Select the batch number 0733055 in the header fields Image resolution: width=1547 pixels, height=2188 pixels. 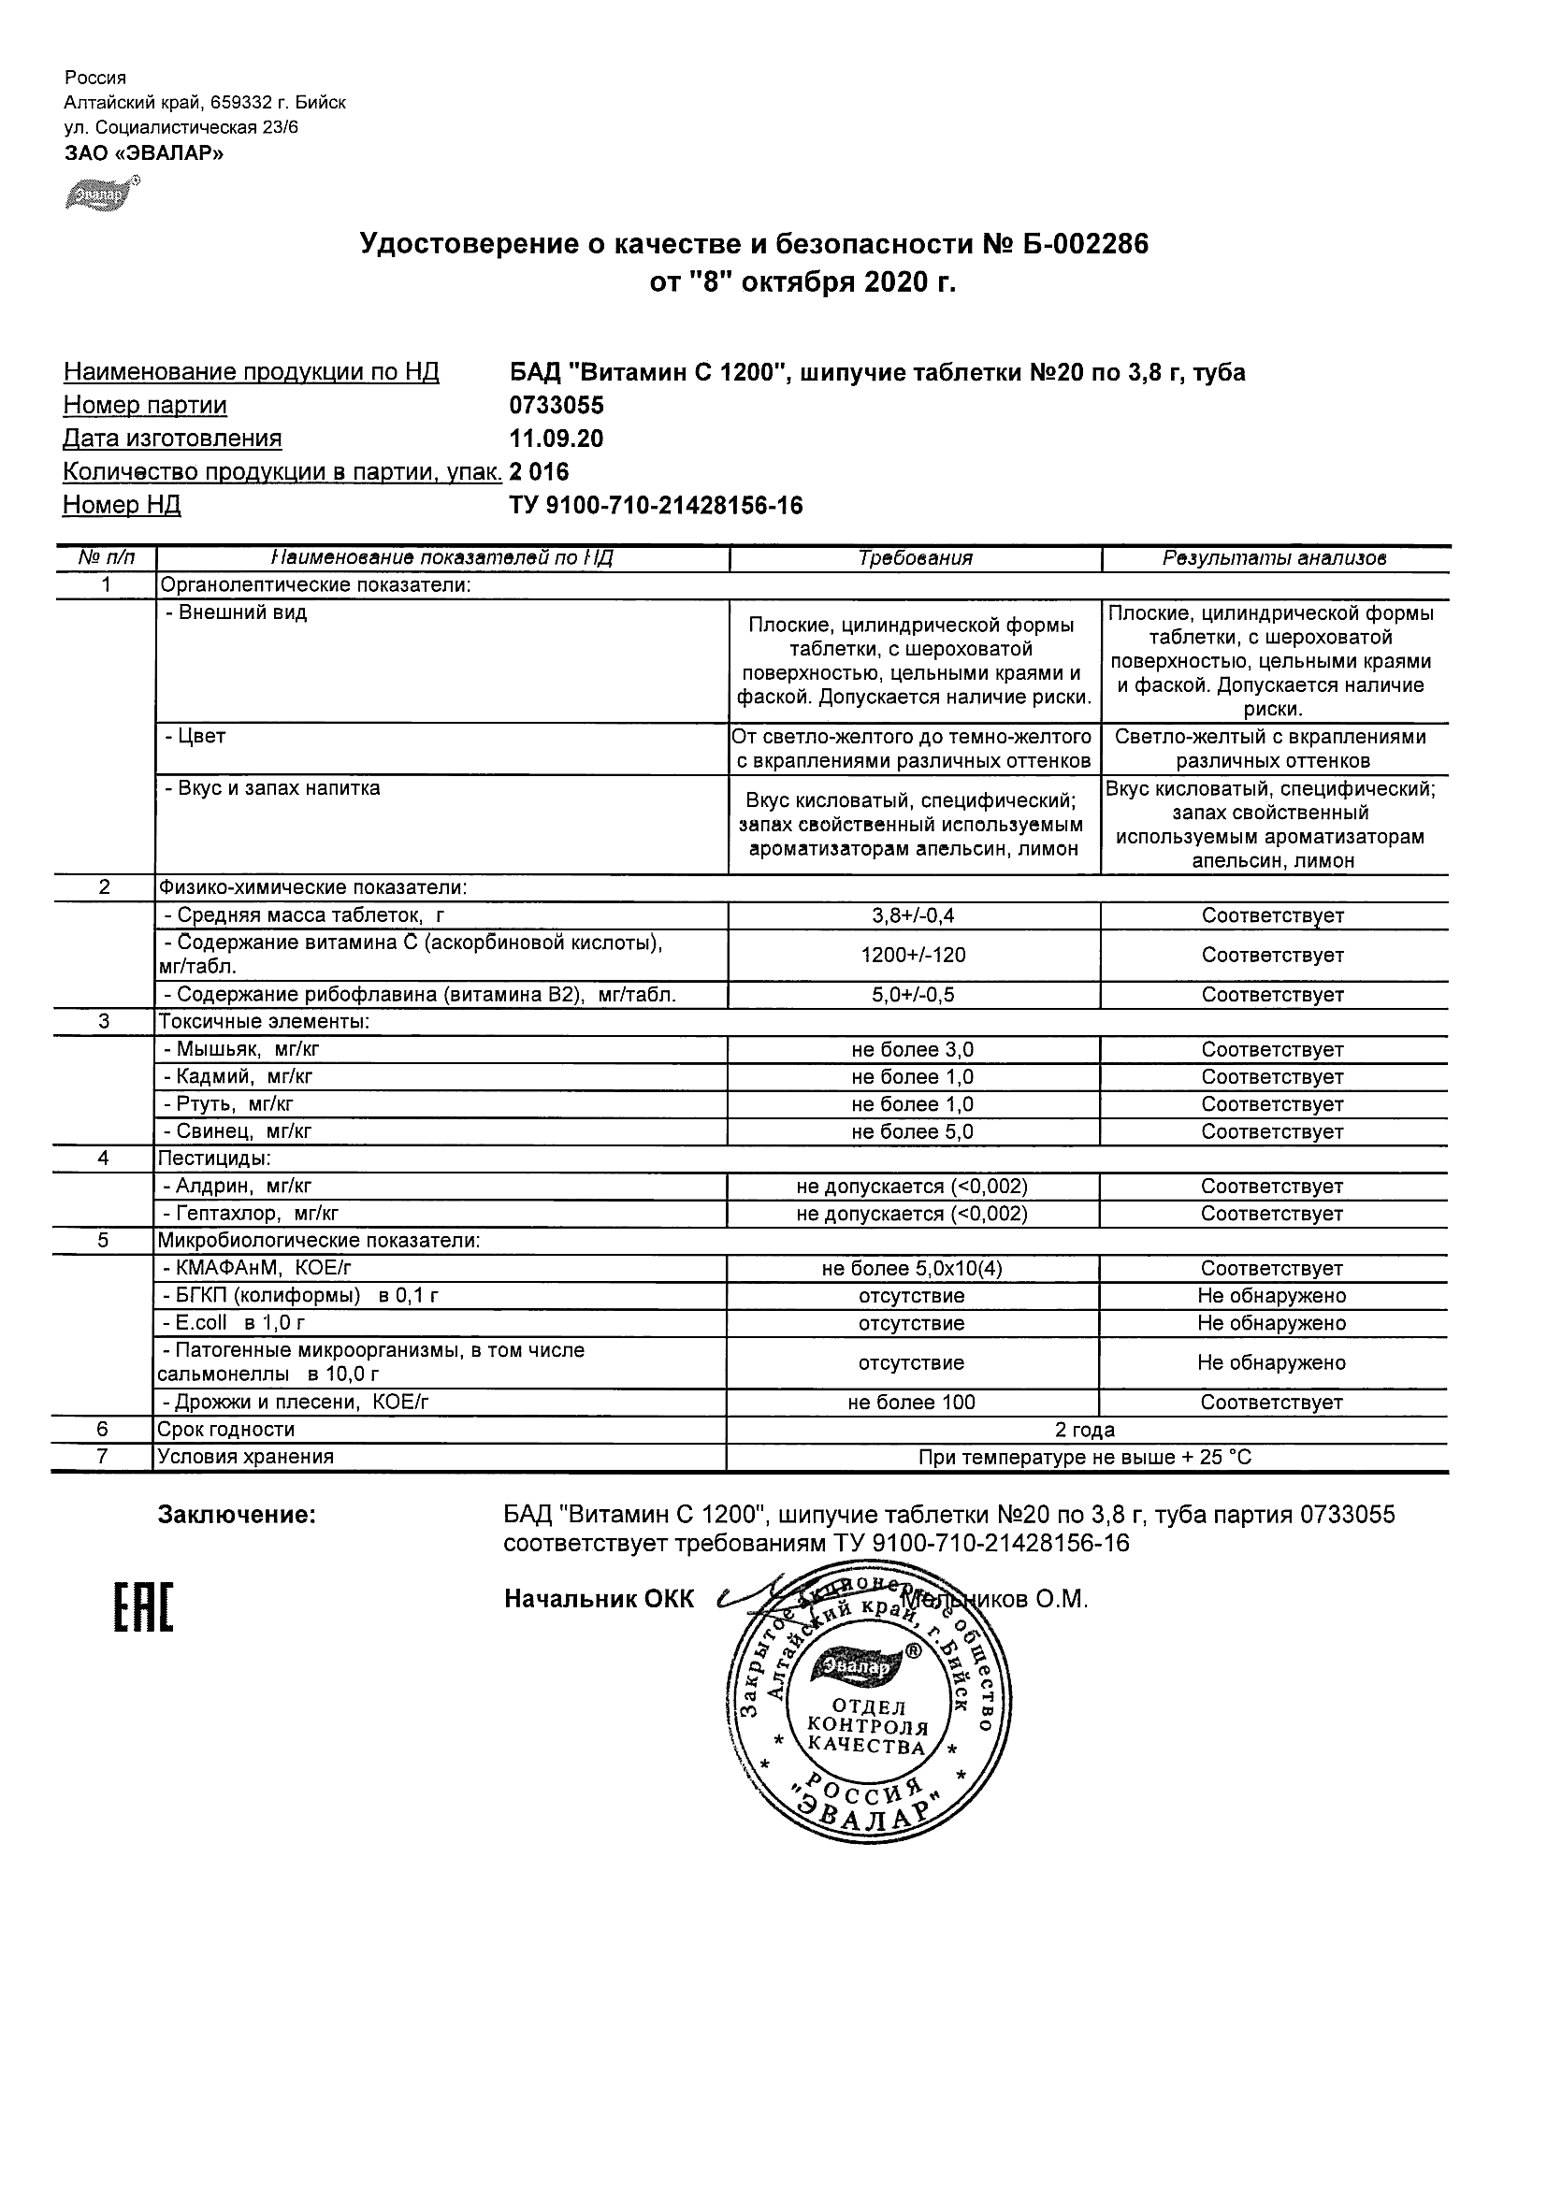(557, 405)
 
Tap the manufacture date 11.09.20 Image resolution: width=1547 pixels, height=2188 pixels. (557, 439)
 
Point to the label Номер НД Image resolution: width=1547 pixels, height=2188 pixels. (122, 505)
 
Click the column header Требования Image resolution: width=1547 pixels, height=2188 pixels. (915, 558)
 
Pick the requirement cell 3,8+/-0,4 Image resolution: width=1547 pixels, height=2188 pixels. (913, 915)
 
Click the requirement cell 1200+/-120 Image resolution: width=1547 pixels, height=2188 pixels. (913, 955)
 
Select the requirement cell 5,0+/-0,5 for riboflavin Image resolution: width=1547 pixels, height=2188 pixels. (913, 995)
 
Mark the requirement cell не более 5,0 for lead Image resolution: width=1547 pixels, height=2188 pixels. (913, 1132)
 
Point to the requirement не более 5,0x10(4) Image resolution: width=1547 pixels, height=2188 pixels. (912, 1270)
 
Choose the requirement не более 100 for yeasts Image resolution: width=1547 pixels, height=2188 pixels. (912, 1403)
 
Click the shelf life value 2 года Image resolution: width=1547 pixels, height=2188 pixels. (1085, 1431)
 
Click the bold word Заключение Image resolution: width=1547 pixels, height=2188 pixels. (237, 1515)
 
